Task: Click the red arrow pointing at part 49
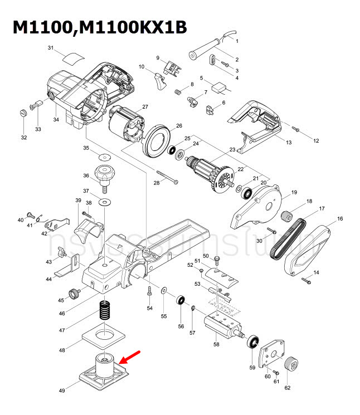point(130,357)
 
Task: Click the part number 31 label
point(50,48)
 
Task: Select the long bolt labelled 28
point(167,177)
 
